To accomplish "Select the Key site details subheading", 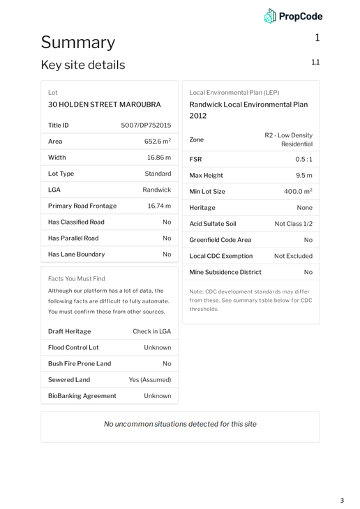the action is click(82, 65).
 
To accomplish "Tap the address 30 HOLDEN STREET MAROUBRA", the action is click(105, 105).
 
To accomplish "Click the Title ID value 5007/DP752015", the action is click(146, 126).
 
